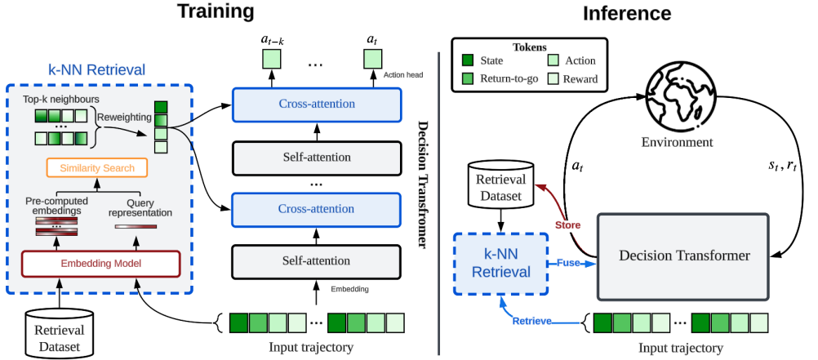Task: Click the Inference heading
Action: click(626, 13)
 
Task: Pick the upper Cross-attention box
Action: click(318, 104)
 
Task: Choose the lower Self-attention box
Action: click(318, 262)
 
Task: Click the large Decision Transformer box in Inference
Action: click(684, 256)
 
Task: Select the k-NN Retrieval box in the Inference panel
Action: click(500, 264)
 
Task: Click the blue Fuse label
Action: click(568, 263)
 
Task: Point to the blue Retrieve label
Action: click(530, 320)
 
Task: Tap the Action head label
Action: click(403, 74)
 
